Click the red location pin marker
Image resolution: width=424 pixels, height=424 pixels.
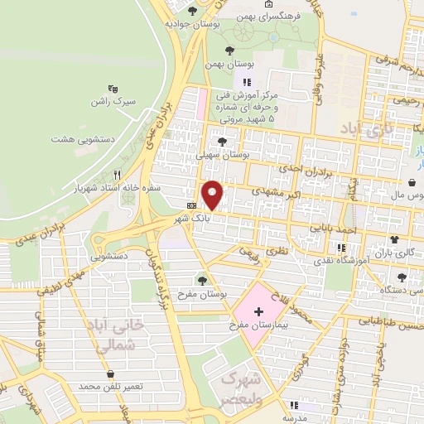tap(213, 195)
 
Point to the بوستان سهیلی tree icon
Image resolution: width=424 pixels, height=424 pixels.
tap(221, 142)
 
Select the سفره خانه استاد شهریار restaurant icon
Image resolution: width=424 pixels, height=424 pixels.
tap(117, 174)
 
